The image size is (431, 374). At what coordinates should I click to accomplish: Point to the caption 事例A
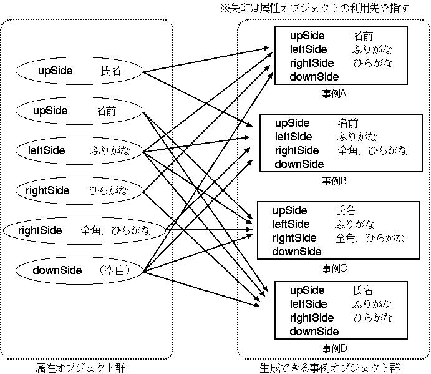[334, 94]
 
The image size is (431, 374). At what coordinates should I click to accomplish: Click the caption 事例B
[334, 181]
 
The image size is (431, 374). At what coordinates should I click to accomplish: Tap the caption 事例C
[334, 268]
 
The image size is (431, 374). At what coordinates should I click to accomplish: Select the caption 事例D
[334, 348]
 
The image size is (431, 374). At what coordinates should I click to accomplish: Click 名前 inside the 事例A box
[363, 36]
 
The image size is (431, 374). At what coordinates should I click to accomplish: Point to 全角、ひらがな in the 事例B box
[372, 150]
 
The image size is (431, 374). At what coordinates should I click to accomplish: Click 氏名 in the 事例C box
[346, 210]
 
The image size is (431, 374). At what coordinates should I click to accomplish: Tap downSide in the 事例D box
[314, 332]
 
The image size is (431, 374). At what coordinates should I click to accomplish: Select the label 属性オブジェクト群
[80, 368]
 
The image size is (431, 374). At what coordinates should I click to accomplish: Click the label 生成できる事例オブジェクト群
[330, 368]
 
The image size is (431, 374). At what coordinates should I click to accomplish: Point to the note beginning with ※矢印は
[315, 9]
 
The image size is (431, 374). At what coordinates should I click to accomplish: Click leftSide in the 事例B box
[294, 137]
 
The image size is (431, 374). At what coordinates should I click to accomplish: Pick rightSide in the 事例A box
[312, 63]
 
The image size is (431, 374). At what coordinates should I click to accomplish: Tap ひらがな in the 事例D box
[373, 318]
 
